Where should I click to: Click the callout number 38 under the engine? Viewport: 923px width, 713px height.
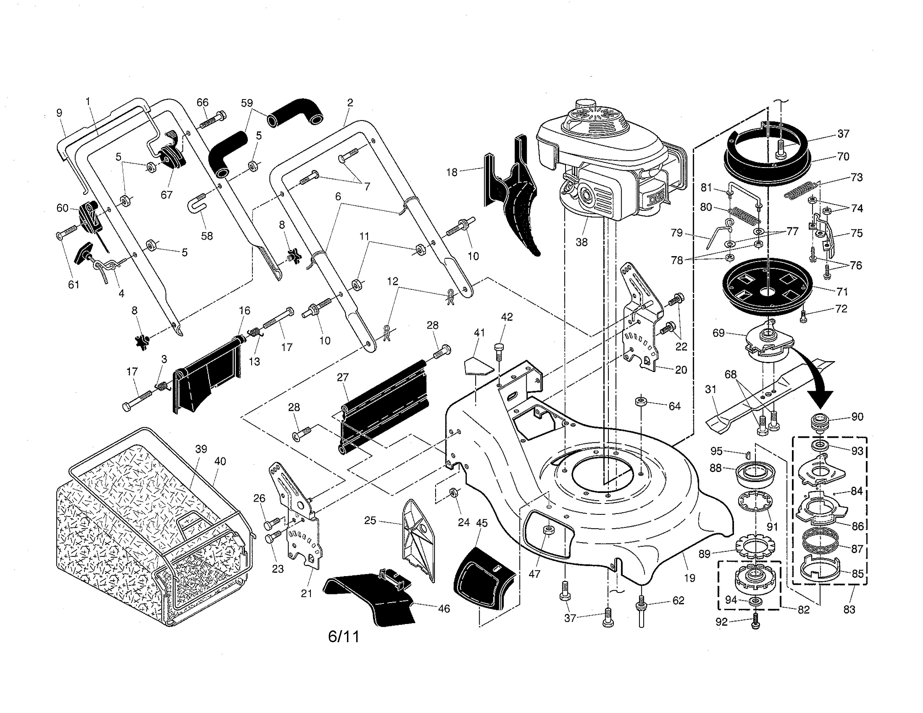(x=582, y=242)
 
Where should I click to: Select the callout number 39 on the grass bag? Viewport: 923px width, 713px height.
(x=201, y=449)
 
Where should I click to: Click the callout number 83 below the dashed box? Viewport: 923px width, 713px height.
(x=849, y=609)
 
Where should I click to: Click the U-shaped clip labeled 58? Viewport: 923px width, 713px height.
(x=197, y=204)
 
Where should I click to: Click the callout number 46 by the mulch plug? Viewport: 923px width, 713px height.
(x=444, y=609)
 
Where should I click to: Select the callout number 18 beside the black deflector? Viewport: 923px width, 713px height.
(x=452, y=172)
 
